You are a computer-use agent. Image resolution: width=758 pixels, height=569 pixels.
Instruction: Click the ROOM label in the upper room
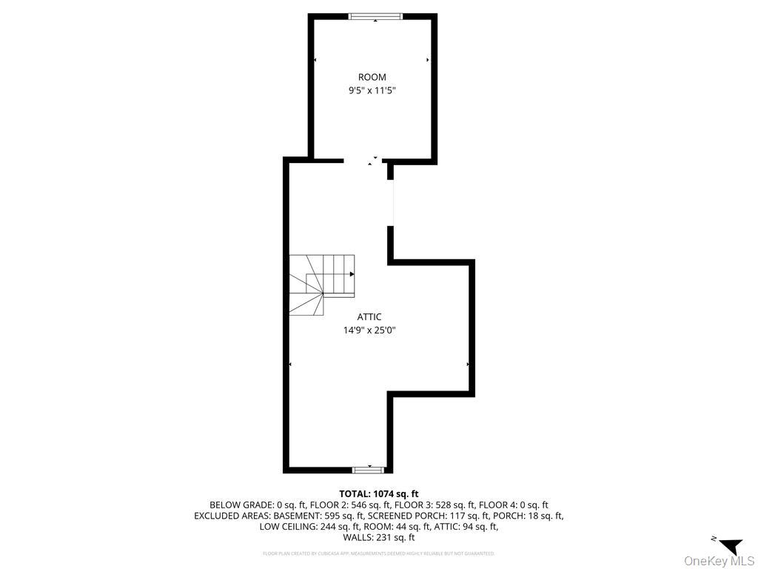point(372,77)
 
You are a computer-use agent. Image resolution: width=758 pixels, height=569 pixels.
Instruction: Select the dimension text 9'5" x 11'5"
point(372,90)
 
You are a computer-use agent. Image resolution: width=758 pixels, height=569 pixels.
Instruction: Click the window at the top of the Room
point(375,16)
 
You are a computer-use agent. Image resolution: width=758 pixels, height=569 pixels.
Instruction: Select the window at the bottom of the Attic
point(368,469)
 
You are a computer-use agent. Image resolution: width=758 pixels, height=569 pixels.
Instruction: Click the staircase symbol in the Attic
point(321,284)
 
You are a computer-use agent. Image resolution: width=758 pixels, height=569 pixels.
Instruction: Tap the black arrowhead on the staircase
point(352,274)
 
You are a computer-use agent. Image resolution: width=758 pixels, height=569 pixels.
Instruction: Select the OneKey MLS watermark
point(719,561)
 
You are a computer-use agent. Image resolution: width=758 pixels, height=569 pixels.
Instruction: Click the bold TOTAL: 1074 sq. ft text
point(379,493)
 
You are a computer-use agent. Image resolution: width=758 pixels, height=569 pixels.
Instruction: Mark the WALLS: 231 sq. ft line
point(379,538)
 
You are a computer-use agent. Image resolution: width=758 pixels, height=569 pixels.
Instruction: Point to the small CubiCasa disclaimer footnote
point(379,553)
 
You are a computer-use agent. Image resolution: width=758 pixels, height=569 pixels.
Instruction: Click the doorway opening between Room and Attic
point(363,160)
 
